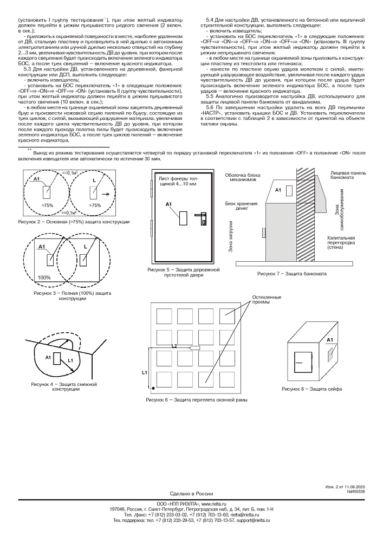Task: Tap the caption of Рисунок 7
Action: [292, 273]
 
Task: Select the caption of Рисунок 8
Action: [311, 389]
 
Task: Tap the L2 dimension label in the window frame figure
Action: [174, 345]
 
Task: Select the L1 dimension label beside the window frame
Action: [144, 372]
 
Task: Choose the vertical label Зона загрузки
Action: [230, 237]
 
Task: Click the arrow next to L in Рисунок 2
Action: [104, 193]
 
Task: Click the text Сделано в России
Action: [191, 494]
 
